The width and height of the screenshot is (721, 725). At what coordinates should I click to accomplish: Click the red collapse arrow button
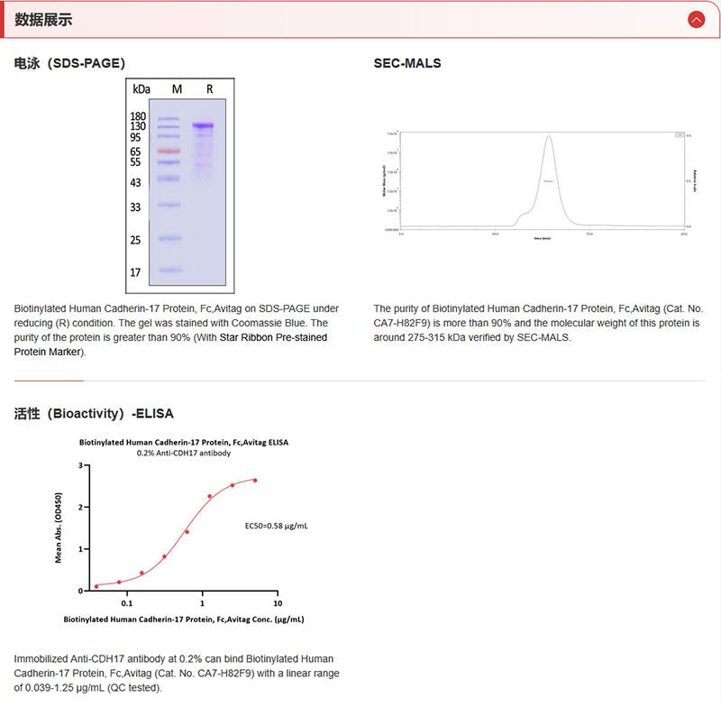696,20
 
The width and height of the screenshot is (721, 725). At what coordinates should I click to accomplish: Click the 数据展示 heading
43,20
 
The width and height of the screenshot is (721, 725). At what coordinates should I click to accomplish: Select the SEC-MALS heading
407,63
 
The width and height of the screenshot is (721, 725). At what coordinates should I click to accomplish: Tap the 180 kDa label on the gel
138,116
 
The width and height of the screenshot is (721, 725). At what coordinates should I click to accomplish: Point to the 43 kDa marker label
136,183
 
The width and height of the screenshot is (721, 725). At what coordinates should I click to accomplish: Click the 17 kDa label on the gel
136,271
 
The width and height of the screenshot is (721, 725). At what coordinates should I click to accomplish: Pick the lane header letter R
209,89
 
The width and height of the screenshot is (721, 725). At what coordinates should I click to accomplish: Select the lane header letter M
177,89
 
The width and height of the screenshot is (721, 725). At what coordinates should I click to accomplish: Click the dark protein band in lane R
203,125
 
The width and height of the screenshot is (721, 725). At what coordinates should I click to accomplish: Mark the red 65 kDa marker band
169,151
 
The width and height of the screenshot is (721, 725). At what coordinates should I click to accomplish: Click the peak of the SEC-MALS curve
548,137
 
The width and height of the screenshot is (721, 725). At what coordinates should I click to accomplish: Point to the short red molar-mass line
547,181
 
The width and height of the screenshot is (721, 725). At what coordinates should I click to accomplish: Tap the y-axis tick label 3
80,465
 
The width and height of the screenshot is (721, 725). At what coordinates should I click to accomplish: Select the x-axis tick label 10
277,602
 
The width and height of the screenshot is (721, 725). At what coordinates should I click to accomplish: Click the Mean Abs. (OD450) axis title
59,528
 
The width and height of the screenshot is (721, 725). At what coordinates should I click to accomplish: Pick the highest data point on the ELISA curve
255,481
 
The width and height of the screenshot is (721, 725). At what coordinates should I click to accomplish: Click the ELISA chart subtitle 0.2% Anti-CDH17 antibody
184,453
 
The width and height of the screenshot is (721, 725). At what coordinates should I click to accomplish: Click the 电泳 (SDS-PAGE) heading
69,63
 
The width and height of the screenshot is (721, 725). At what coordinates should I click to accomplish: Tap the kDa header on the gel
141,89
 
